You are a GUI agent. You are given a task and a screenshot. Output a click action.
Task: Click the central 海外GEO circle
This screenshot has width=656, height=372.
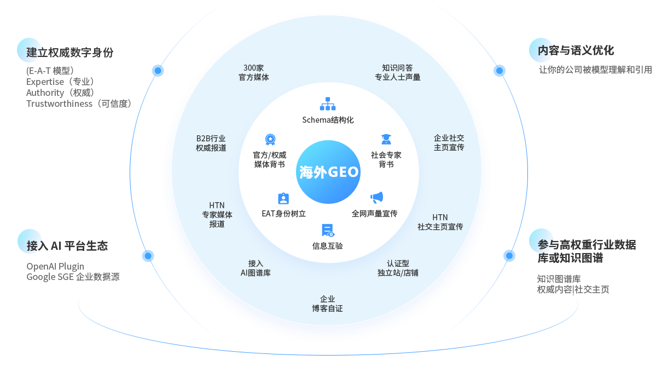(x=328, y=172)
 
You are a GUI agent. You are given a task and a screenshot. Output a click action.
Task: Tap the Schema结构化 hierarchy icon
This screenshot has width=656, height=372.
(x=328, y=104)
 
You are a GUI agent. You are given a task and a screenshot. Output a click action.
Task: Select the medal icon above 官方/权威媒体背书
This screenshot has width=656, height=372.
(x=270, y=140)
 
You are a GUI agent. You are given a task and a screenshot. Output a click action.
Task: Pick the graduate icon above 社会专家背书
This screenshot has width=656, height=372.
(x=386, y=140)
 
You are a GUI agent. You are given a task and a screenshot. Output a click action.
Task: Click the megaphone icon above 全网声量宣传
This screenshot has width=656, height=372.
(x=376, y=197)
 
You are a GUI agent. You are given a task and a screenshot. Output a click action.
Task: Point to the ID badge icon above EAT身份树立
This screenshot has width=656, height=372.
(x=283, y=198)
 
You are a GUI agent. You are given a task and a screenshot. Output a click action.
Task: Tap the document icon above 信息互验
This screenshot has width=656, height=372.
(x=328, y=231)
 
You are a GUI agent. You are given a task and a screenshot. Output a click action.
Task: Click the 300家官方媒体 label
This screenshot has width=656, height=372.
(x=253, y=72)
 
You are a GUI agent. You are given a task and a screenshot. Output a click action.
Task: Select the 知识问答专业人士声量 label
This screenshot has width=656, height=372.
(x=397, y=72)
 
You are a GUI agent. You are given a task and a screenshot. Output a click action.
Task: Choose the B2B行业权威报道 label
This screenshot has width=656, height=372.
(x=211, y=143)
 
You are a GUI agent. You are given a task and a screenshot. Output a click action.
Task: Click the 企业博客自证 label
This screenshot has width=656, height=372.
(x=327, y=304)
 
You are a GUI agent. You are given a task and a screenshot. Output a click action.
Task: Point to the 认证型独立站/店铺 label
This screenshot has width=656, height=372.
(x=397, y=268)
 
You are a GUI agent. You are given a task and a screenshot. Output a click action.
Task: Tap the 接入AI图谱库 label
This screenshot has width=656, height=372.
(x=255, y=268)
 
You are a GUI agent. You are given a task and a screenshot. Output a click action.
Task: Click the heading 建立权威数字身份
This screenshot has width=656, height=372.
(x=70, y=53)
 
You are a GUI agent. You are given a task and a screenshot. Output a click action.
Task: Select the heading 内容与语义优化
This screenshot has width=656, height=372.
(x=576, y=50)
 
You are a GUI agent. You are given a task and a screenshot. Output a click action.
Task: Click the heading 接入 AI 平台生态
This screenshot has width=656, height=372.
(x=67, y=246)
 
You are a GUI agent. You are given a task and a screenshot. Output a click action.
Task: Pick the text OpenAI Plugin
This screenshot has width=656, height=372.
(x=55, y=266)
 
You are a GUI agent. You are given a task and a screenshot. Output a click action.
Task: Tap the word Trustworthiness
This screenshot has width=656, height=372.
(x=60, y=104)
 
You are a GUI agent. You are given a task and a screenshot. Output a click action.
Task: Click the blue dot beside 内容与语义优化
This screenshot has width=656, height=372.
(x=499, y=70)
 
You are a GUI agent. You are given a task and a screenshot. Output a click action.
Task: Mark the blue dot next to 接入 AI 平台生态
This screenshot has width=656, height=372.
(x=148, y=255)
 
